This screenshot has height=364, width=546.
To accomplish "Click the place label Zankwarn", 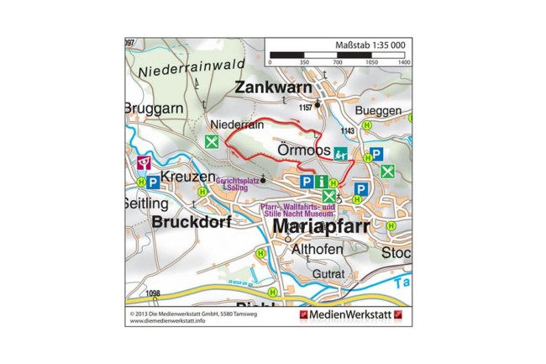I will click(x=273, y=87).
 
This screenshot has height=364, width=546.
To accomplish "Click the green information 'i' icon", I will click(x=320, y=181).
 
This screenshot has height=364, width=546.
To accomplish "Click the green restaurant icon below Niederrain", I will click(x=213, y=141).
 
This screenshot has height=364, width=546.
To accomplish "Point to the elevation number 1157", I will click(x=305, y=108).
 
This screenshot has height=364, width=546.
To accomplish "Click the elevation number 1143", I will click(x=348, y=131).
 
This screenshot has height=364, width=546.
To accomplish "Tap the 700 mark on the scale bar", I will click(x=338, y=63).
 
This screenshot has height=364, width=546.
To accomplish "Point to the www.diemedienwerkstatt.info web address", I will click(x=168, y=320).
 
